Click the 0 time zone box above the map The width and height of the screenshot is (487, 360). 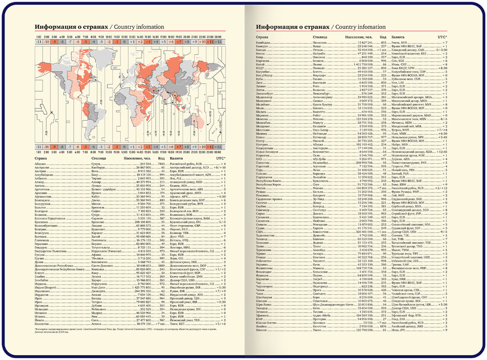[x=124, y=42]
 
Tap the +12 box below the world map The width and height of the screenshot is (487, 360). [x=220, y=147]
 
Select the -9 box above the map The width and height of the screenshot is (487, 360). [x=54, y=42]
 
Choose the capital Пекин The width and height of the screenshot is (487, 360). [x=318, y=65]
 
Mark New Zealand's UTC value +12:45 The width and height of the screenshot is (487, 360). [x=441, y=152]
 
